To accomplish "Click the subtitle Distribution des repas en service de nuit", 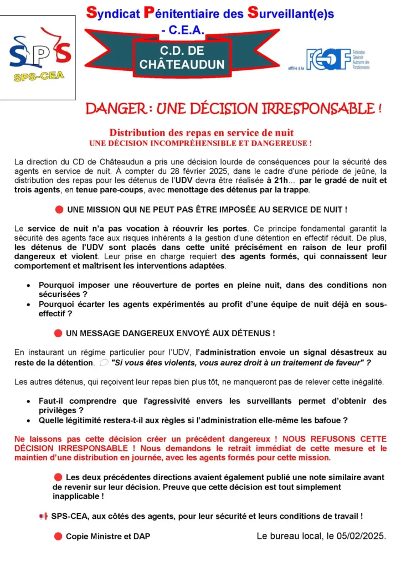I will (x=201, y=133).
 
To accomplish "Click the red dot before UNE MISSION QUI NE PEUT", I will (x=59, y=210).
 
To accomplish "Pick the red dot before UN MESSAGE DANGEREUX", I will (x=58, y=333).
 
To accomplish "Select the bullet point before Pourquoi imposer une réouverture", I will (x=29, y=285).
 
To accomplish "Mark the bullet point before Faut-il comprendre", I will (x=29, y=401).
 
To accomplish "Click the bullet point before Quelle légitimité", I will (x=29, y=420).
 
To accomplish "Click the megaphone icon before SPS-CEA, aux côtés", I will (x=43, y=516).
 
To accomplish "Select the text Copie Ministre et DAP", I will (x=107, y=536).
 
